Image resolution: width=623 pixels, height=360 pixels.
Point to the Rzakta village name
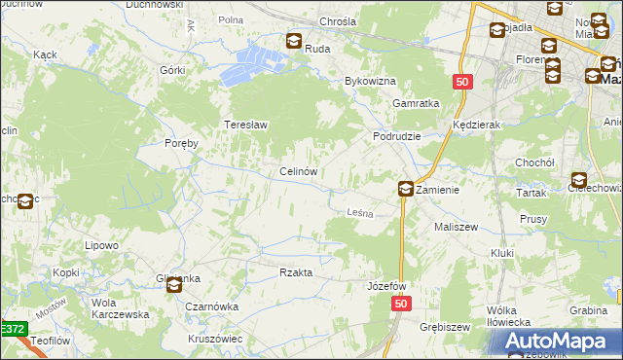click(296, 273)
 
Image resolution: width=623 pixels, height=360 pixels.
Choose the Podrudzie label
click(397, 137)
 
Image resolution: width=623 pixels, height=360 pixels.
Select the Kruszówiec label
click(215, 339)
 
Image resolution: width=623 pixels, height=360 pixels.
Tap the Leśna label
click(361, 212)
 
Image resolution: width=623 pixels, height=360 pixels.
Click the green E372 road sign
click(13, 331)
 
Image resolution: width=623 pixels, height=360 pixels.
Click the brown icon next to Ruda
click(294, 41)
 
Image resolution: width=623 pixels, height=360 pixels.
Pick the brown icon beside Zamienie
click(405, 190)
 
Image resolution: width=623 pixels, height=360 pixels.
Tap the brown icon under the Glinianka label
click(174, 286)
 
